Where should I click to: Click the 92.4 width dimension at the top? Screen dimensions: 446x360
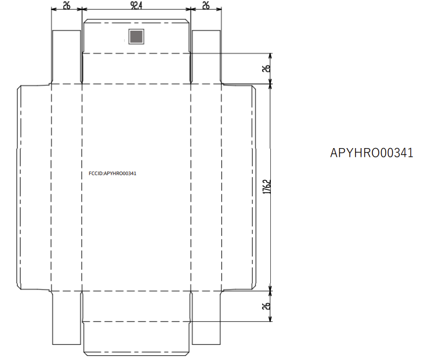pyautogui.click(x=136, y=5)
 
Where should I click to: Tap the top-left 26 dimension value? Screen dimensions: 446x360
pyautogui.click(x=66, y=5)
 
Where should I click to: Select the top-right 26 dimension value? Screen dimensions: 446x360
pyautogui.click(x=206, y=5)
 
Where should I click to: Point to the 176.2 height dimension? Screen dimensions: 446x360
pyautogui.click(x=267, y=186)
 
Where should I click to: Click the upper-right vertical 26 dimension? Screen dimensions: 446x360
pyautogui.click(x=266, y=68)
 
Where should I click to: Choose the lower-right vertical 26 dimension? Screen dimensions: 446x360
pyautogui.click(x=266, y=306)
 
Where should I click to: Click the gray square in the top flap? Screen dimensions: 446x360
pyautogui.click(x=136, y=37)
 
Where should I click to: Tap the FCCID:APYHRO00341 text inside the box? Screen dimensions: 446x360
pyautogui.click(x=112, y=174)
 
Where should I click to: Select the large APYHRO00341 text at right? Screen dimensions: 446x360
pyautogui.click(x=371, y=153)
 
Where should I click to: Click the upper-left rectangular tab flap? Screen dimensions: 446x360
pyautogui.click(x=66, y=57)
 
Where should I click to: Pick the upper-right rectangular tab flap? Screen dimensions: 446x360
pyautogui.click(x=206, y=57)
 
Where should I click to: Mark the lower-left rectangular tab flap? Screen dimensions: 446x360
pyautogui.click(x=66, y=318)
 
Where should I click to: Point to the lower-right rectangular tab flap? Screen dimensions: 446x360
pyautogui.click(x=206, y=318)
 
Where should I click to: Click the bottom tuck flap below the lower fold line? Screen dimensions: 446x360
pyautogui.click(x=136, y=339)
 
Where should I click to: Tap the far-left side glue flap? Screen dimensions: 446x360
pyautogui.click(x=34, y=187)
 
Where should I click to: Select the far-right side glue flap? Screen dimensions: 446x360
pyautogui.click(x=239, y=187)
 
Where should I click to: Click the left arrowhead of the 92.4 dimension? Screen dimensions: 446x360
pyautogui.click(x=84, y=9)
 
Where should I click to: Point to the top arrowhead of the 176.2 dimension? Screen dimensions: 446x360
pyautogui.click(x=270, y=87)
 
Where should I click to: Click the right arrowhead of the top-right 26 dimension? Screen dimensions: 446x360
pyautogui.click(x=219, y=9)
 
